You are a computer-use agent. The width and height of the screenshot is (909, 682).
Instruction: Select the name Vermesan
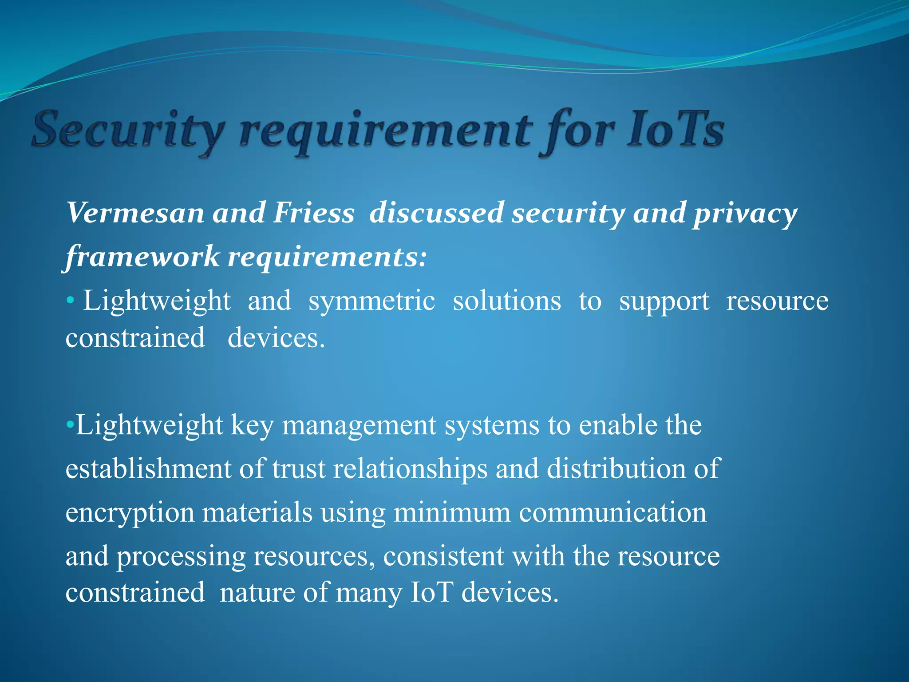pos(136,213)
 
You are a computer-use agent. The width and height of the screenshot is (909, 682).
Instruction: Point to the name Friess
pos(313,213)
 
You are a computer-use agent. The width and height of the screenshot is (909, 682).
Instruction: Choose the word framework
pos(142,257)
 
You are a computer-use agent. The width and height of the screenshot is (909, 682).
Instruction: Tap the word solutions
pos(506,301)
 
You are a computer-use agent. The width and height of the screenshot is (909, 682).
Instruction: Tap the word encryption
pos(130,513)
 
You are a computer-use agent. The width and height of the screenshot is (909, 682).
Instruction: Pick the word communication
pos(613,512)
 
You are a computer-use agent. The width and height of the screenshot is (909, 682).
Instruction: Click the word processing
pos(181,557)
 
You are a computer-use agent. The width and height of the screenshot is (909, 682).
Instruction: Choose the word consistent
pos(443,556)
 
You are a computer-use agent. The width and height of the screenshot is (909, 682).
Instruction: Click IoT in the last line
pos(432,592)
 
